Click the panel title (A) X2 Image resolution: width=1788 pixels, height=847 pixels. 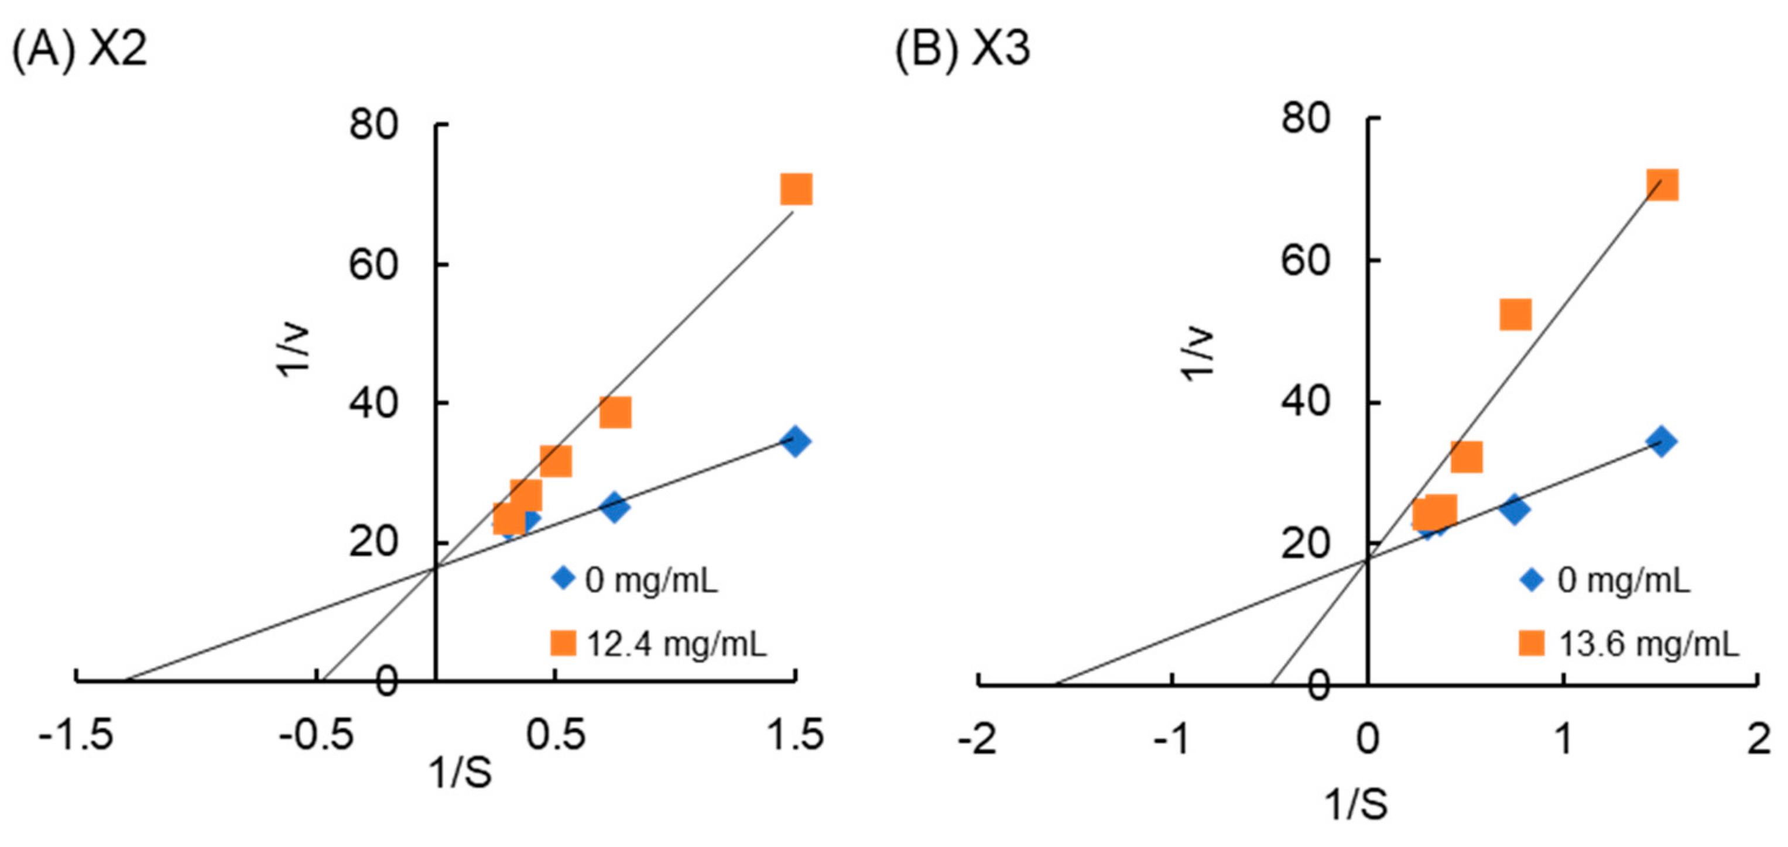tap(80, 49)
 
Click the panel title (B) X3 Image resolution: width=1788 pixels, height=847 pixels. tap(962, 49)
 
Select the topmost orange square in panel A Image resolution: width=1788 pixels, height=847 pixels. tap(796, 190)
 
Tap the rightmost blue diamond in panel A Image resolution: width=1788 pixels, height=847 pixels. tap(796, 441)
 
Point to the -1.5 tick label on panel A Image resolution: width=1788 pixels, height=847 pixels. tap(76, 735)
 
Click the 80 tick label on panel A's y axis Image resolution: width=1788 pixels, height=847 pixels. tap(374, 126)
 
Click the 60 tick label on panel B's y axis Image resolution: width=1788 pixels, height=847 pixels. tap(1305, 261)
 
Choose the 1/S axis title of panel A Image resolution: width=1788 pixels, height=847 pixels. tap(461, 772)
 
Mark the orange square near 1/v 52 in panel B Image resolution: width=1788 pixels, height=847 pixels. tap(1515, 315)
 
